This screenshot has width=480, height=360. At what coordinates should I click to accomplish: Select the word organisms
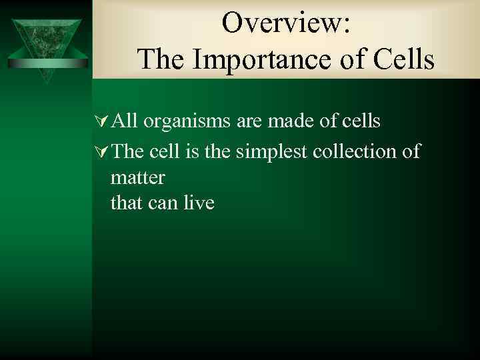tap(187, 122)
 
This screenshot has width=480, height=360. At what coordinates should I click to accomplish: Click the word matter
tap(137, 178)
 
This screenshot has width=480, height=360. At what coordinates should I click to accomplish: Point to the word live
tap(197, 202)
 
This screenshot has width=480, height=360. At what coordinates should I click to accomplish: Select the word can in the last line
tap(161, 202)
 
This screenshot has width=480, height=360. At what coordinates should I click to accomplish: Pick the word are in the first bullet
tap(249, 122)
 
